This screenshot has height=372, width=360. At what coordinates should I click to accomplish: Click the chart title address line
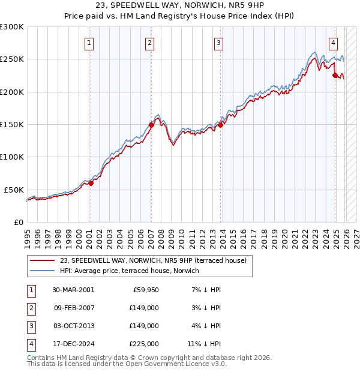[180, 5]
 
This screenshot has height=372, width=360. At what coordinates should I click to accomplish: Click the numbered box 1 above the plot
[89, 43]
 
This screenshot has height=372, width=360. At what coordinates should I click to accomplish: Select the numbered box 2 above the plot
[149, 43]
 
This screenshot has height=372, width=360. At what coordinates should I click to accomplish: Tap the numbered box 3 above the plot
[219, 43]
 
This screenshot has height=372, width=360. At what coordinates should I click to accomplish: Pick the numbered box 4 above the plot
[333, 43]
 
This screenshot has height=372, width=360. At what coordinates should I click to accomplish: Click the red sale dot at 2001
[91, 184]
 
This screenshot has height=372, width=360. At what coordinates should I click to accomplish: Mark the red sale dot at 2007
[151, 125]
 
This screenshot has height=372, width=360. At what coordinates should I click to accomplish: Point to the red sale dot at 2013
[220, 125]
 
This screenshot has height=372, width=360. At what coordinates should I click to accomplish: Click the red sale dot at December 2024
[335, 75]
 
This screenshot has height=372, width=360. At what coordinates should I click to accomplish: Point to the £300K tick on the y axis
[12, 27]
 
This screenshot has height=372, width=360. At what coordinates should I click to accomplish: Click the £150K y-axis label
[12, 125]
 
